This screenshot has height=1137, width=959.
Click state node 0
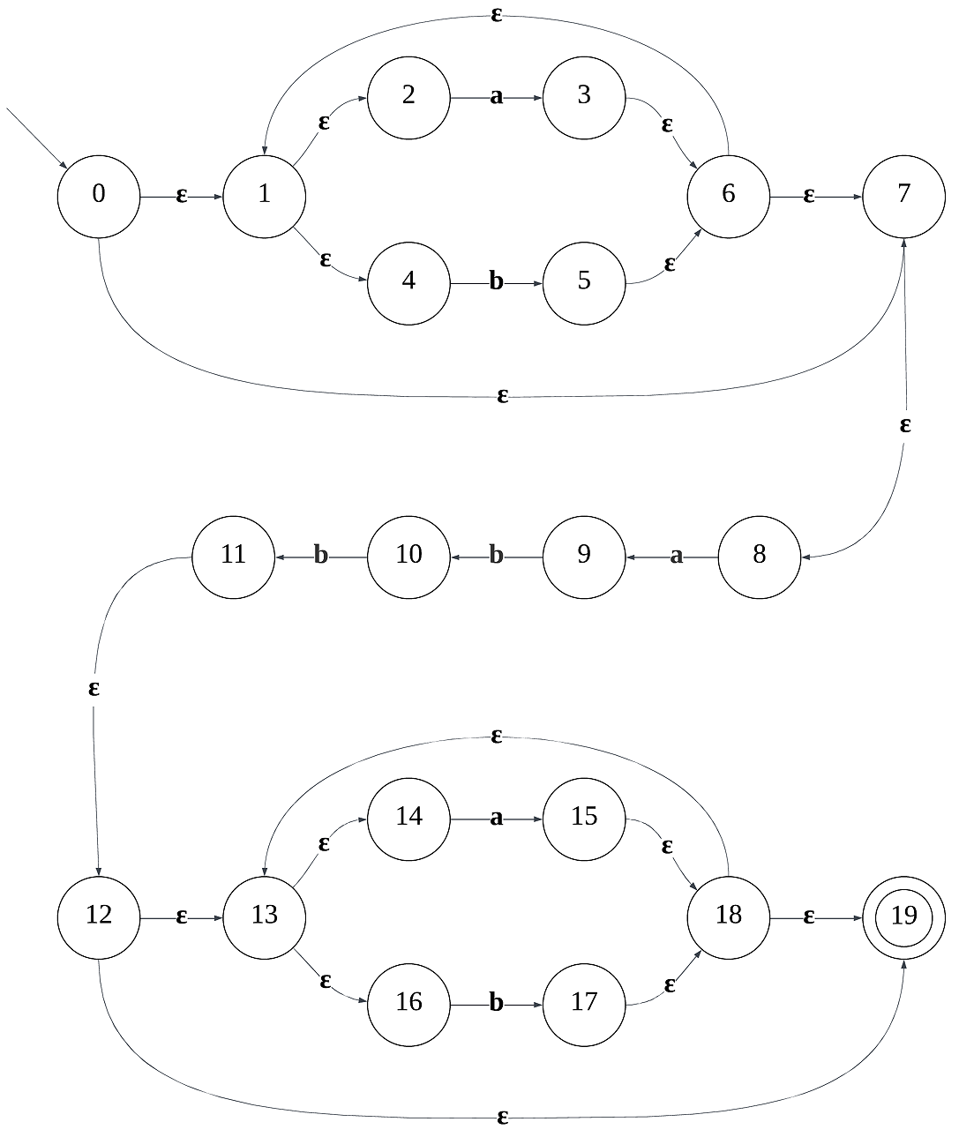pos(99,195)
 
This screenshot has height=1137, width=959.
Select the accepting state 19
pos(903,916)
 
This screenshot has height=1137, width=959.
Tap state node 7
pos(903,195)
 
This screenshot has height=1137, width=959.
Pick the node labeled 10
pos(408,556)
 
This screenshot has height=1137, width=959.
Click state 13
pos(265,916)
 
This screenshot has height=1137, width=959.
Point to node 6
pos(728,195)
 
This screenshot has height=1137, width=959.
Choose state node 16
pos(408,1003)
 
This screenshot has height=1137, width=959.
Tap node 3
pos(584,96)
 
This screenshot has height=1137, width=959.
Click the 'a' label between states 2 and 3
pos(496,97)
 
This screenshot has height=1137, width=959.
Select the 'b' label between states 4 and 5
pos(496,282)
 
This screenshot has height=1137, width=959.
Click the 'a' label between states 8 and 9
pos(677,557)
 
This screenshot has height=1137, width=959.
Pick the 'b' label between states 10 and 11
pos(321,557)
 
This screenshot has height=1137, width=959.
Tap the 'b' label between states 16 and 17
pos(496,1004)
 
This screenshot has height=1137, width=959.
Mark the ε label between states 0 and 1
pos(182,197)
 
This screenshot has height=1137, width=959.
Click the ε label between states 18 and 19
pos(808,918)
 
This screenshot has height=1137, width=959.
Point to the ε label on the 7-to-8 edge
pos(905,426)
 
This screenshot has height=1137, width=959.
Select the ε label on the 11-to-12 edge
pos(94,689)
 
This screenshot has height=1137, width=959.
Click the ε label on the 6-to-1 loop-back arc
pos(496,15)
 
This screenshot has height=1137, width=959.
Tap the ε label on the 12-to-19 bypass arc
pos(503,1118)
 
